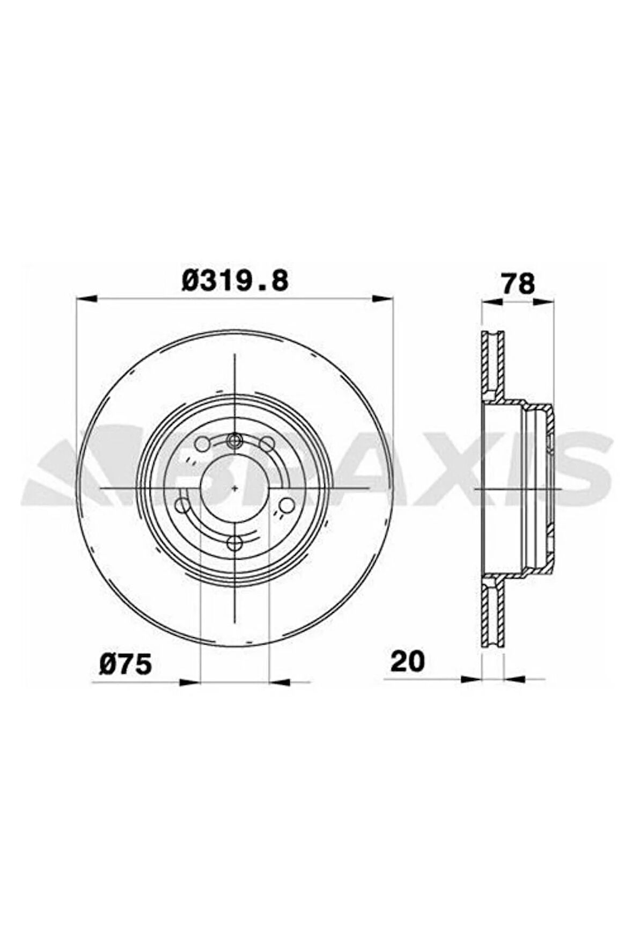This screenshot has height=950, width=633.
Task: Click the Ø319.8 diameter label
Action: point(234,281)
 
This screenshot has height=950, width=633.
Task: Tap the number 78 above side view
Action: point(517,284)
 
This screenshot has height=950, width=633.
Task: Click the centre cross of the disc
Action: point(234,488)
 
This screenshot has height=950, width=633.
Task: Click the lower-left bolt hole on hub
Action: point(183,505)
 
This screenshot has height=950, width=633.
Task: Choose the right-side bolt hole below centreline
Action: point(286,505)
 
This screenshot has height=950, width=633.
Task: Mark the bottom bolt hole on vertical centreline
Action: point(234,544)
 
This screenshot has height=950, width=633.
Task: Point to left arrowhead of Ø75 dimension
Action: point(189,682)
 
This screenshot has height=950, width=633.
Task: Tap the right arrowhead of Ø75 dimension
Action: point(279,682)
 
